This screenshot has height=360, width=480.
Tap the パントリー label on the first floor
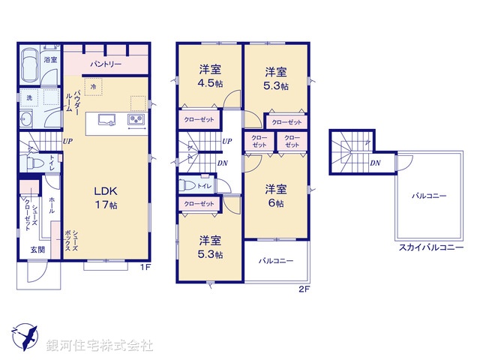106,65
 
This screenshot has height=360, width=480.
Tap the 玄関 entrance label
37,250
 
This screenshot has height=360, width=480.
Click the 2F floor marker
304,289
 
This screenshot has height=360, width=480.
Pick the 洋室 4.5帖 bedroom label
210,76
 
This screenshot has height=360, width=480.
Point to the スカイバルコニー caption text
430,247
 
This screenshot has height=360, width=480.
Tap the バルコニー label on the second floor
276,261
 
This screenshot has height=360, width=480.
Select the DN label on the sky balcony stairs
374,163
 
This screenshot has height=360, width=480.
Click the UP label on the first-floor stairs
67,142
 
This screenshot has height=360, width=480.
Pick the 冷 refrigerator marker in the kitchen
94,88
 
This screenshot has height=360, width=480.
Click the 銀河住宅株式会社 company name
100,346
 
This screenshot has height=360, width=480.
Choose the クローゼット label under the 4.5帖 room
199,119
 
